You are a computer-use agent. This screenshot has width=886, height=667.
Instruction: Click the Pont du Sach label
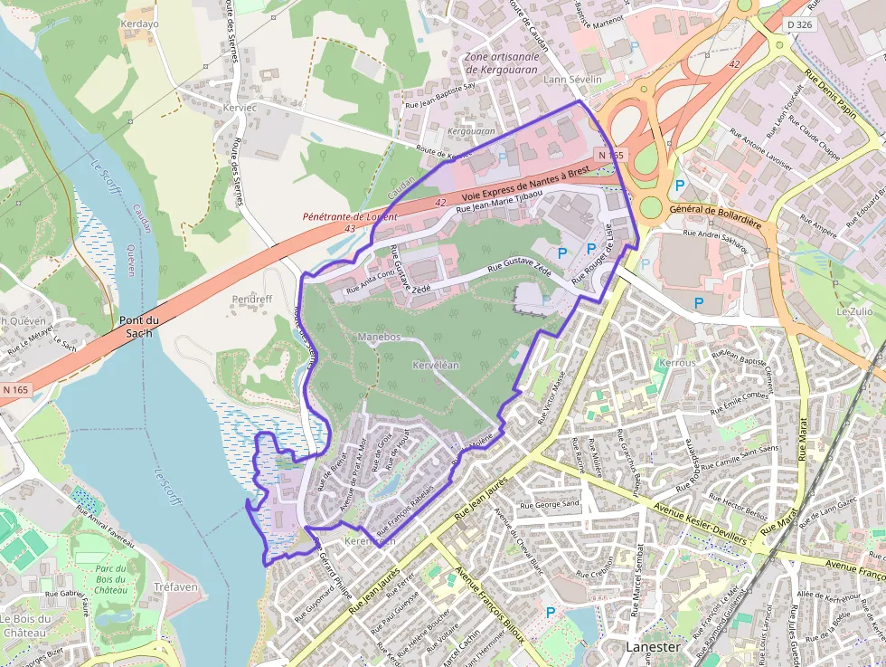tap(138, 327)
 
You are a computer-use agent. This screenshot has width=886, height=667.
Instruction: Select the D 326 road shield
tap(798, 24)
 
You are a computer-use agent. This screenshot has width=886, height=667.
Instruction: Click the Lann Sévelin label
tap(572, 80)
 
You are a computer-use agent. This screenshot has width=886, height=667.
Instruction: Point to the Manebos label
tap(379, 337)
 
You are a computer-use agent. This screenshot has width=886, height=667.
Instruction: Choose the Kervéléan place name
tap(436, 365)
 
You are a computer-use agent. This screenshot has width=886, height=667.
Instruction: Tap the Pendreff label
tap(251, 299)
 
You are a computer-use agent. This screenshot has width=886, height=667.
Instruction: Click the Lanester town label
tap(653, 647)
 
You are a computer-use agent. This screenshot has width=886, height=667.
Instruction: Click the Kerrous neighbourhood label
tap(678, 362)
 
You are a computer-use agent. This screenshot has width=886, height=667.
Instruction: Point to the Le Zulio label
tap(854, 311)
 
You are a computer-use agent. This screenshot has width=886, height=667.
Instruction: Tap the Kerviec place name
tap(240, 107)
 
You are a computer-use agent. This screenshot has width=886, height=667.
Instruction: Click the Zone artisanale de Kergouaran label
tap(502, 62)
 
